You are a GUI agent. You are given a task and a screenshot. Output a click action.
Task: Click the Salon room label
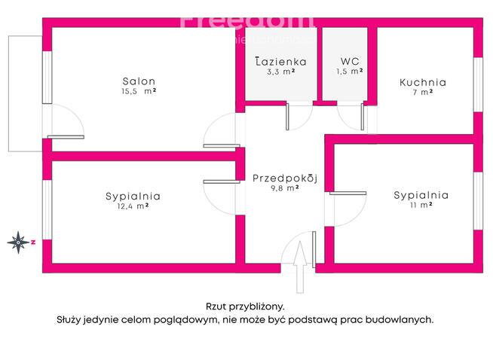[139, 81]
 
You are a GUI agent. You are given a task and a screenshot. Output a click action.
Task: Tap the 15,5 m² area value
[139, 91]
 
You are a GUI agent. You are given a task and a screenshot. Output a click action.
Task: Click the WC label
[350, 62]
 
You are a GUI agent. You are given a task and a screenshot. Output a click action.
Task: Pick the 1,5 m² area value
[350, 72]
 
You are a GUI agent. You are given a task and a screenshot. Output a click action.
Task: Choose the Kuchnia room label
[422, 82]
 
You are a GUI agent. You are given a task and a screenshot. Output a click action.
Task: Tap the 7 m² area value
[422, 92]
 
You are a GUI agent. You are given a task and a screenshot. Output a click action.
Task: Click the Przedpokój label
[285, 178]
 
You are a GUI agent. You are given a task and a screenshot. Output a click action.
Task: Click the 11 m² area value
[421, 204]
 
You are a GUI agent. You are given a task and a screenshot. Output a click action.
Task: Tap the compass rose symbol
[18, 242]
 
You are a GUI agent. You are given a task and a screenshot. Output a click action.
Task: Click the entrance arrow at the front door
[300, 265]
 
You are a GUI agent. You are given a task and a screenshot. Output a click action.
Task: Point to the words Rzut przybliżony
[245, 306]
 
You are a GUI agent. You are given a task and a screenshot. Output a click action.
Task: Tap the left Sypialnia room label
[133, 196]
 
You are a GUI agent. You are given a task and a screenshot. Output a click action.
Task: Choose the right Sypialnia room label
[421, 194]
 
